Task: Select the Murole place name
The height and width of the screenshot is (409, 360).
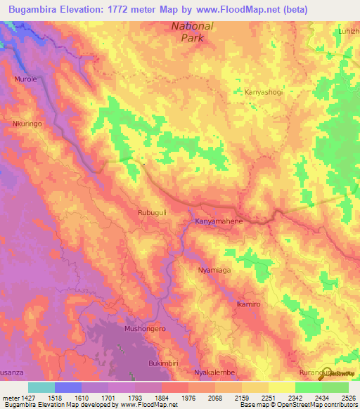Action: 26,79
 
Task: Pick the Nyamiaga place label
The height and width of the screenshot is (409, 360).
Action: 215,270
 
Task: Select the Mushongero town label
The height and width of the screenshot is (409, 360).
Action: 144,328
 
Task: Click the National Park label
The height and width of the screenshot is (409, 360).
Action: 193,32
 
